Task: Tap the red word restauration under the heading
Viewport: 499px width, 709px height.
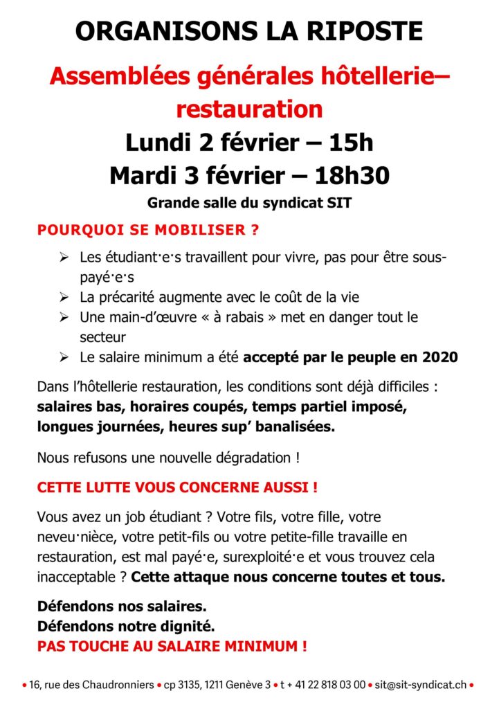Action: pyautogui.click(x=249, y=109)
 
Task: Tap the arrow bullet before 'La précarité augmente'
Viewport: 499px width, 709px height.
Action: pyautogui.click(x=64, y=297)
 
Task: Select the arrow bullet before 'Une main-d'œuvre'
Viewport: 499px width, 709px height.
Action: pyautogui.click(x=64, y=317)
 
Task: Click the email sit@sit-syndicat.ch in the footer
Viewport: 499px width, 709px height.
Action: pyautogui.click(x=420, y=685)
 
